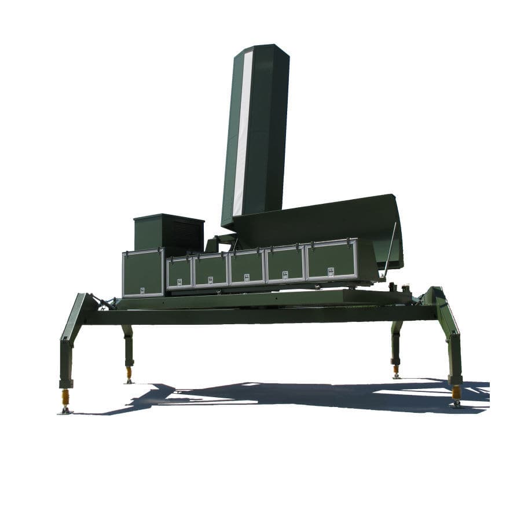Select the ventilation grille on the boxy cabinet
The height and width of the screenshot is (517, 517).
click(186, 234)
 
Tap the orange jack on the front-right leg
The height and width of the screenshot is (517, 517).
click(456, 393)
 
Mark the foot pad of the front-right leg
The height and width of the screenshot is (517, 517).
click(456, 404)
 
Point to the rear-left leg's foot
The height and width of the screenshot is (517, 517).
click(129, 380)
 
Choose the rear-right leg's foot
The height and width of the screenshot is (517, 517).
click(396, 375)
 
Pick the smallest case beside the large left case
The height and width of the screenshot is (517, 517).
click(179, 272)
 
